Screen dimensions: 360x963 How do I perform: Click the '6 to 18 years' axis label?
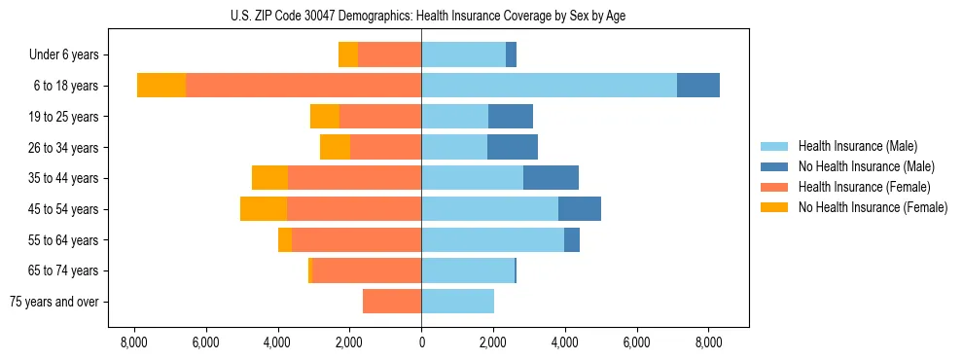pos(65,86)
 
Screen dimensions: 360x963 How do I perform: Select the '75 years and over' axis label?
pos(54,302)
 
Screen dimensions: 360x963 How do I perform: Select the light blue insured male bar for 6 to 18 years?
pos(549,86)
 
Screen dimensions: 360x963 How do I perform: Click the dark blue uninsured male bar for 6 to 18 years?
pos(698,86)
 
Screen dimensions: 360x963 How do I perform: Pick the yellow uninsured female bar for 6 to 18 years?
pos(161,86)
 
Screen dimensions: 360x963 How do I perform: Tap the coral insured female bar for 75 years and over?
pos(392,302)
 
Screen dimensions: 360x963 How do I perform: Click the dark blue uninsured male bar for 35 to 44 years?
pos(551,178)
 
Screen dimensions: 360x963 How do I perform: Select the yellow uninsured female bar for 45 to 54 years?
pos(264,209)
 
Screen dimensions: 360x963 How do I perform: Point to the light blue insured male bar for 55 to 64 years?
pos(492,239)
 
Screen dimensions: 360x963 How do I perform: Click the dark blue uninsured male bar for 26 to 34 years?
pos(513,147)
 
